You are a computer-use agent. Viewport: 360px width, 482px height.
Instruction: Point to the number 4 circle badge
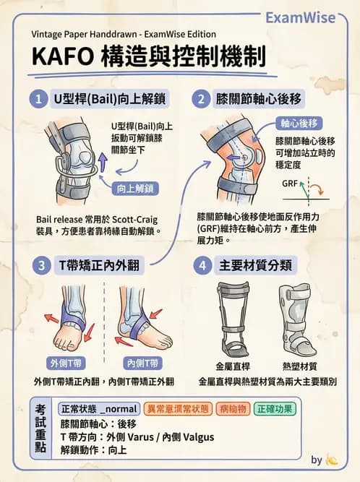pos(202,265)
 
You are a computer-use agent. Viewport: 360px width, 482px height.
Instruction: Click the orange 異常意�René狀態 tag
pos(178,408)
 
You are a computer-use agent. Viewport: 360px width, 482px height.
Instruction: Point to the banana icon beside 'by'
pos(332,460)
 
